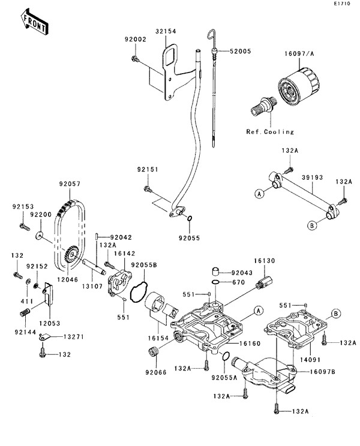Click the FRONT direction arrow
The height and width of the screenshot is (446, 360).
35,22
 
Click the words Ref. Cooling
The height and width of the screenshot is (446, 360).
270,131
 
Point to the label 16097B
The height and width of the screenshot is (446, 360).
323,372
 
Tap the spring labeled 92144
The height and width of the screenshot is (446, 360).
25,313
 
